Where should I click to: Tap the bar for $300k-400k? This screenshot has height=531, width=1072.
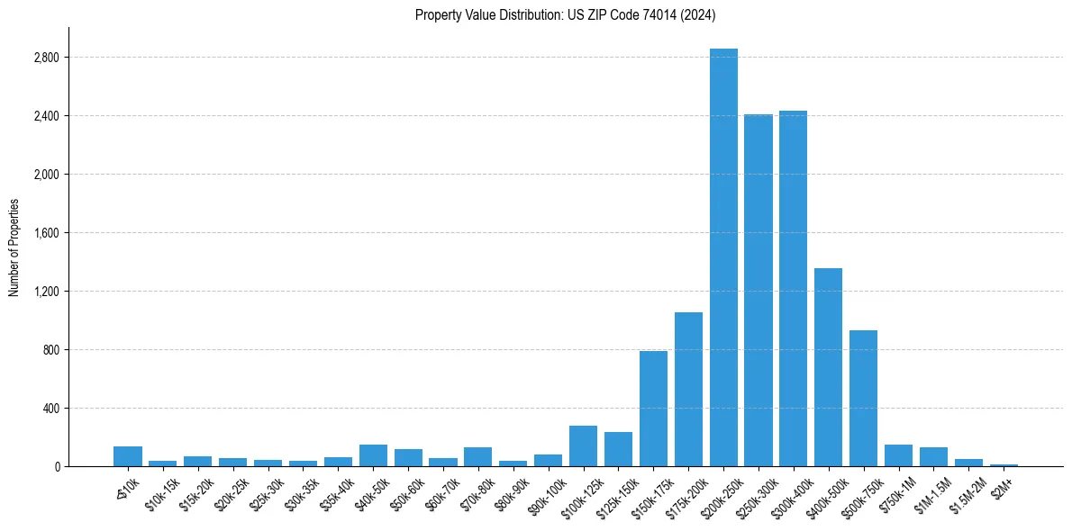tap(793, 288)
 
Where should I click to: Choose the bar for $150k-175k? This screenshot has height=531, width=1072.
tap(653, 409)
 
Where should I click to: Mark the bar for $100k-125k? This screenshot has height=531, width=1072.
tap(583, 446)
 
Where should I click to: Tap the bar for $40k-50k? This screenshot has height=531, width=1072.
tap(373, 455)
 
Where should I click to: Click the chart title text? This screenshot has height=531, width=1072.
tap(566, 14)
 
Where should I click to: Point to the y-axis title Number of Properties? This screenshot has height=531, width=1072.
tap(14, 247)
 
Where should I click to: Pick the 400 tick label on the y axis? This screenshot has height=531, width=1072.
tap(50, 409)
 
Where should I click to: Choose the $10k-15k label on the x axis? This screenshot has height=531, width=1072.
tap(160, 493)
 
